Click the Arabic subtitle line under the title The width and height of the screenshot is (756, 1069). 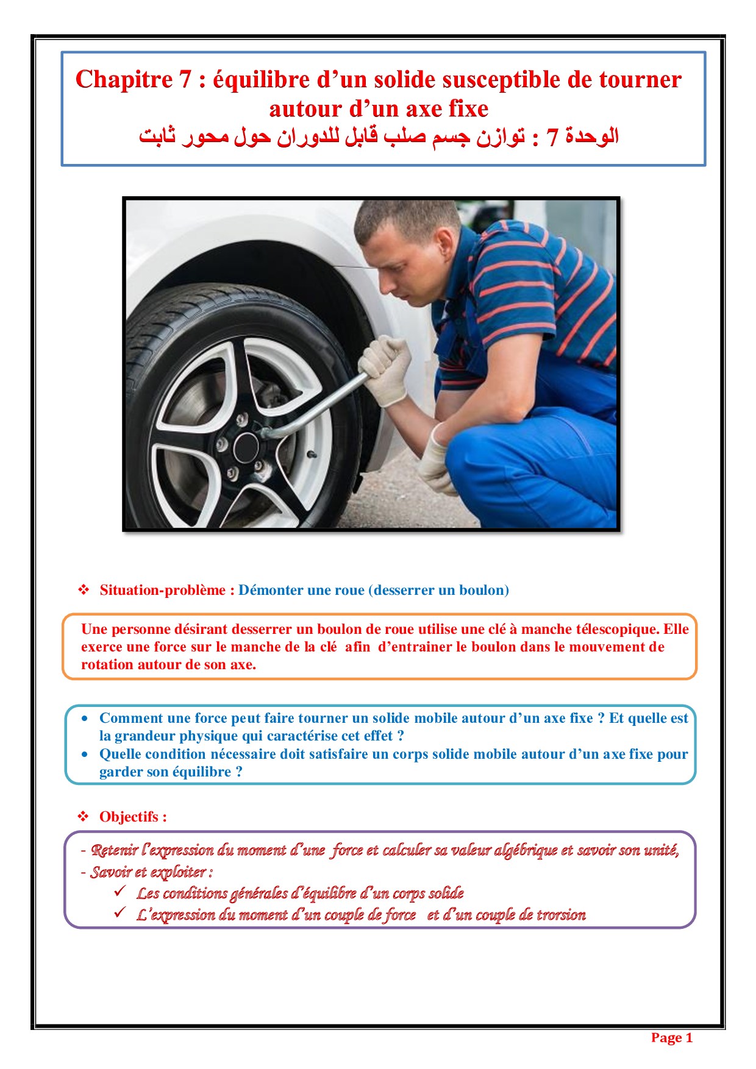379,137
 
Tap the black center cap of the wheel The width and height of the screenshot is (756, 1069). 246,447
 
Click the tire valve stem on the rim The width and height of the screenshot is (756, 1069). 312,455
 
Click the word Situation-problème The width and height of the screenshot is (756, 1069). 163,590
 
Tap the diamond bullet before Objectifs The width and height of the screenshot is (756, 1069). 84,817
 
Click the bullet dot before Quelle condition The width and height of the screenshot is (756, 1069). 85,755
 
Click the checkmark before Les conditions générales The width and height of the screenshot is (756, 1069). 120,891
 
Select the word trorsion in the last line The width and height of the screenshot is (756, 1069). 561,915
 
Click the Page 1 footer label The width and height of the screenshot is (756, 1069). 672,1038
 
